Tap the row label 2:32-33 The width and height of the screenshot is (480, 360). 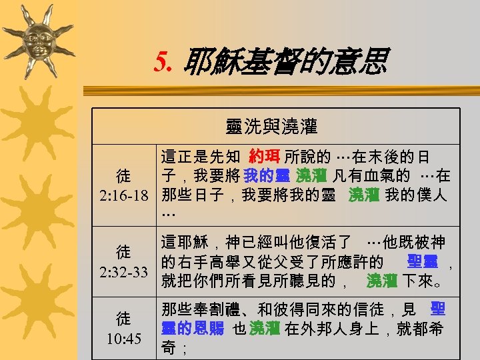[x=123, y=272]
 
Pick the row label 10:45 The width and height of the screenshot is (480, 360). [x=123, y=338]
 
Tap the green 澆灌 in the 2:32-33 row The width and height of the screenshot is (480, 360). [x=382, y=281]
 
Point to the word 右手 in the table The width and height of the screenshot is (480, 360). [x=198, y=261]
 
